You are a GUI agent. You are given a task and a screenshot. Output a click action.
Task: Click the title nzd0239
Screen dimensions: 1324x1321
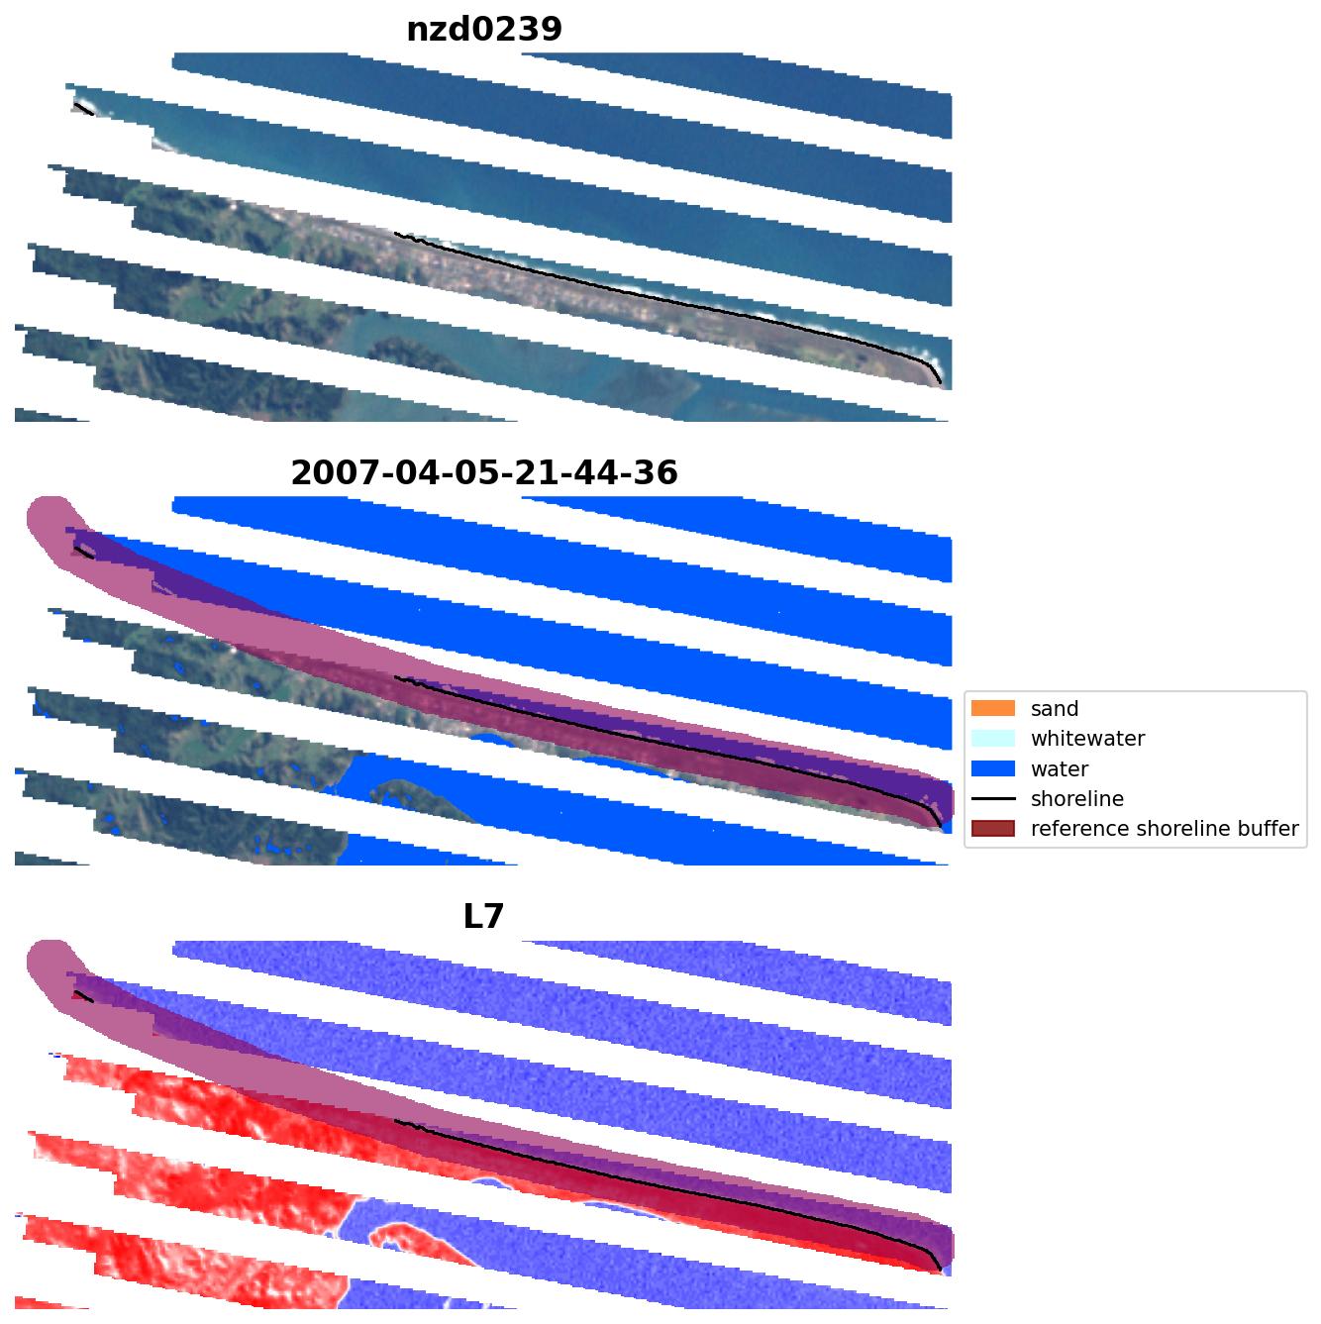point(484,30)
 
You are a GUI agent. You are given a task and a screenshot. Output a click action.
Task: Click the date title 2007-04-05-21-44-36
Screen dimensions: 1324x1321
point(484,473)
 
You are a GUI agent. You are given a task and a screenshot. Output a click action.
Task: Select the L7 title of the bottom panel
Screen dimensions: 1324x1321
point(484,917)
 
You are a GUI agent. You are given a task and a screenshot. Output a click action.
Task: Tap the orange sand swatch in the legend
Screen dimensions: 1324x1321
point(993,709)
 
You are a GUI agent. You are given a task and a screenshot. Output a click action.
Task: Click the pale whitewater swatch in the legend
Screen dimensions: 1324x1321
point(993,739)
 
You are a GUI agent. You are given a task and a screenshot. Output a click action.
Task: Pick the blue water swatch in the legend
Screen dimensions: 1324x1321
point(993,769)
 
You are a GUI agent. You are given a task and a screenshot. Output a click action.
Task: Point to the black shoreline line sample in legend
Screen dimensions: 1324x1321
point(993,799)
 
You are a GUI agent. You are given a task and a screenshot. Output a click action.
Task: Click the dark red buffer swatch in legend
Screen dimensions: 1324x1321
point(993,829)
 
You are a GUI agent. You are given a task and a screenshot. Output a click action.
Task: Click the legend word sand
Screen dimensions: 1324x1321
point(1055,709)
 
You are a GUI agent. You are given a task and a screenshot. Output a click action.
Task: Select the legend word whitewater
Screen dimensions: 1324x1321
point(1087,739)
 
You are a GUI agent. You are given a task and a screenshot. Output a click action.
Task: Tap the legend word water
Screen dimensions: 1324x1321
point(1060,769)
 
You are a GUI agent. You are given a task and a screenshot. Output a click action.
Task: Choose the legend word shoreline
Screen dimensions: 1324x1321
point(1077,799)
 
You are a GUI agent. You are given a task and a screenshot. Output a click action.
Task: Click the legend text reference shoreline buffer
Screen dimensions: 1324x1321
point(1165,829)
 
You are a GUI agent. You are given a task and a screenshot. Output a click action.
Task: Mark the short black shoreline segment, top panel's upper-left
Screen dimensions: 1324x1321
point(83,109)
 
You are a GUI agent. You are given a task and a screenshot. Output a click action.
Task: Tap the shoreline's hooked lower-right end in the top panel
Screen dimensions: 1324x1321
point(935,375)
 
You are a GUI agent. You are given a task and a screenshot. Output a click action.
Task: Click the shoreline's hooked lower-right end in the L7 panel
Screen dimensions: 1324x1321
point(935,1263)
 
